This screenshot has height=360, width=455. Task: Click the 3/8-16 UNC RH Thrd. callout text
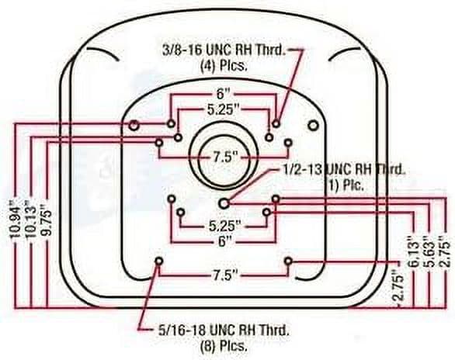click(223, 50)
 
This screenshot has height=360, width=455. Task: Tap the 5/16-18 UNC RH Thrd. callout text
click(224, 330)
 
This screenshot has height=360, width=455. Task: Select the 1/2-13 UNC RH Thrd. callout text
click(343, 169)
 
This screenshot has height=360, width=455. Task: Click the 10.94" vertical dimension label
click(15, 219)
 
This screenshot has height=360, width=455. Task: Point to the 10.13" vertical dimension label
click(31, 219)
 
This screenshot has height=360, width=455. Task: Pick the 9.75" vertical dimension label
click(47, 220)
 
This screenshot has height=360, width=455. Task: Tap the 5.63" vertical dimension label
click(429, 251)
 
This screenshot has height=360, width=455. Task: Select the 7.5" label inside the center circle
click(224, 157)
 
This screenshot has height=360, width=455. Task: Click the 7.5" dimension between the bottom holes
click(224, 275)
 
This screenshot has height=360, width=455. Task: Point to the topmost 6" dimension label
click(223, 94)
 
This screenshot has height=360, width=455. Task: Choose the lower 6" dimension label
click(223, 241)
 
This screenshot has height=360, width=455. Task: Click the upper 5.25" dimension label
click(224, 110)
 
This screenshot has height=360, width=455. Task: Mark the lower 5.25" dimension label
click(224, 226)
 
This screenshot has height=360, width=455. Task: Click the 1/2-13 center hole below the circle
click(224, 203)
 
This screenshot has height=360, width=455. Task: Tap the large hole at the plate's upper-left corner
click(134, 126)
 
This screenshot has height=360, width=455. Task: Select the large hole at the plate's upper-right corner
click(313, 125)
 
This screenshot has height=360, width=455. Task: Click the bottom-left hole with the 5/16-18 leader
click(159, 261)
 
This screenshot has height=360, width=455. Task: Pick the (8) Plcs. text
click(224, 345)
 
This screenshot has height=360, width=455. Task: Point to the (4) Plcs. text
click(224, 67)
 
